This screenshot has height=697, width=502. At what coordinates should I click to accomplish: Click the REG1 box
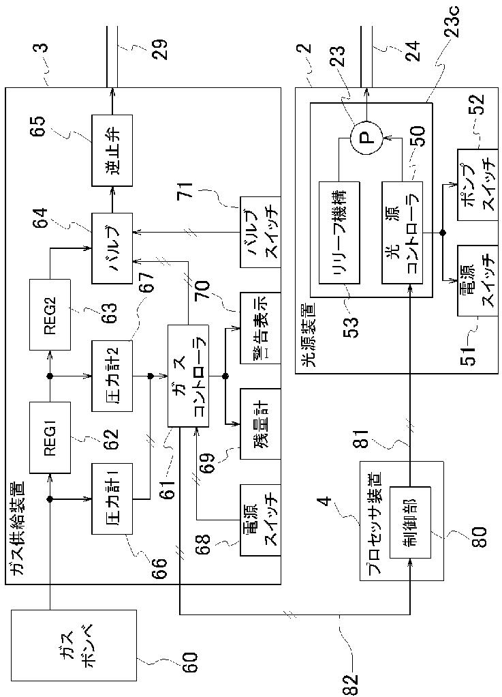50,437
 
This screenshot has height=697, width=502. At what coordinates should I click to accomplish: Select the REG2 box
50,314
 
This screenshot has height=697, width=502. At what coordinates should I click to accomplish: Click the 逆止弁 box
112,150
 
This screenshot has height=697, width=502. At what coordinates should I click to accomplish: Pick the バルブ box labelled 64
112,248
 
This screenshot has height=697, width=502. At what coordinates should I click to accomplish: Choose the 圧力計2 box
112,376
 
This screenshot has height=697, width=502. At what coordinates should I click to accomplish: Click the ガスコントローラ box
188,376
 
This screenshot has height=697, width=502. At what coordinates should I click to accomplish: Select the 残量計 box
261,424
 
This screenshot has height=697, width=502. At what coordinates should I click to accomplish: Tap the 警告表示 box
261,328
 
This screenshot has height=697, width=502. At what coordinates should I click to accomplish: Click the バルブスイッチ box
261,232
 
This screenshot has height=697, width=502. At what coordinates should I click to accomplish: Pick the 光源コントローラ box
402,232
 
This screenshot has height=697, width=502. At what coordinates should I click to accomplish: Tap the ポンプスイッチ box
477,184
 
